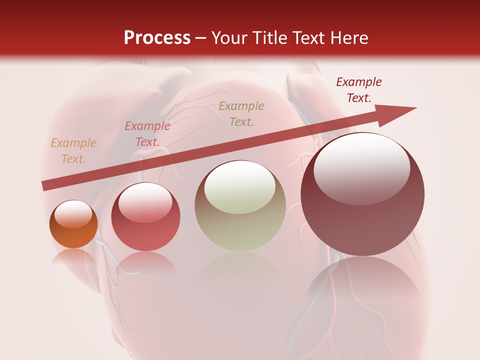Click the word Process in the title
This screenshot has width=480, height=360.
coord(157,38)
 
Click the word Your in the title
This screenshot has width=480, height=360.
coord(229,38)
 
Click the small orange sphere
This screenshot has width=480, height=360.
coord(73,232)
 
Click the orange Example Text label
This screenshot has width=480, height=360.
coord(73,151)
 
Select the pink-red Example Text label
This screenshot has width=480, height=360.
coord(147,134)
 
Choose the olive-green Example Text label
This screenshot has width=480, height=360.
coord(241,114)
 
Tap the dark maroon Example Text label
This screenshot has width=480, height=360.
coord(358,90)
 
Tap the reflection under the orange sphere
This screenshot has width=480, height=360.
coord(73,257)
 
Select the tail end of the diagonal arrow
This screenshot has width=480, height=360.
coord(46,185)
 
